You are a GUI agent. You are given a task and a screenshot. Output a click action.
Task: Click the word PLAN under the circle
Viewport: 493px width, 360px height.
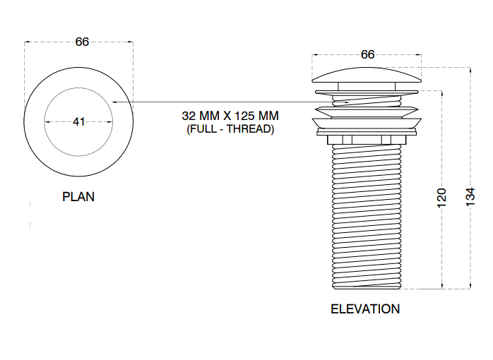coord(78,197)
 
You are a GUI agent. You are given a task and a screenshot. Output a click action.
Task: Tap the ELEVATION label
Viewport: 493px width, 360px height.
coord(365,309)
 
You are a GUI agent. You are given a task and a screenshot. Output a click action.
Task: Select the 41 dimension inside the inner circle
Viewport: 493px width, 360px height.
coord(78,121)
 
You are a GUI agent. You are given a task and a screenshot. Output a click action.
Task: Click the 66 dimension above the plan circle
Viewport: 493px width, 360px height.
coord(82,42)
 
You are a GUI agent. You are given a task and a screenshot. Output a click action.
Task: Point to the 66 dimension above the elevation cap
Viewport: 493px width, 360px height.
coord(367,54)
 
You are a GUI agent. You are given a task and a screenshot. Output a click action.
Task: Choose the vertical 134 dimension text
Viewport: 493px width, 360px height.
coord(470,197)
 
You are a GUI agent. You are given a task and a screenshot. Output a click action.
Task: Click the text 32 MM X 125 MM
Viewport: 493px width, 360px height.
coord(230,116)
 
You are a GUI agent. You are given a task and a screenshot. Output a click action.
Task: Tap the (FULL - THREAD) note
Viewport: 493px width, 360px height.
coord(230,130)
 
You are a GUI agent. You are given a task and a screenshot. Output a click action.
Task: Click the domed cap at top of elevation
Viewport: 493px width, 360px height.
coord(367,76)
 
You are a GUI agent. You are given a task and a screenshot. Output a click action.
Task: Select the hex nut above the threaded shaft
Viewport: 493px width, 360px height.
coord(367,138)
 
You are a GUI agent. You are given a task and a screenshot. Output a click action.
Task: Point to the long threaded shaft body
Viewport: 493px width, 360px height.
coord(367,212)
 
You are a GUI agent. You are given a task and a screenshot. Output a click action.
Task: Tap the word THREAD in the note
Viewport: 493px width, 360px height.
coord(249,130)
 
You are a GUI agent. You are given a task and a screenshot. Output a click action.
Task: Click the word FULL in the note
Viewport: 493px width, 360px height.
coord(202,130)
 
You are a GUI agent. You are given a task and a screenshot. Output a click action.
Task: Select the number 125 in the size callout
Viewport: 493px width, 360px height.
coord(247,116)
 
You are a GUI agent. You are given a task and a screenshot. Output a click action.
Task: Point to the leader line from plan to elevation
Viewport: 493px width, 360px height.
coord(212,102)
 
